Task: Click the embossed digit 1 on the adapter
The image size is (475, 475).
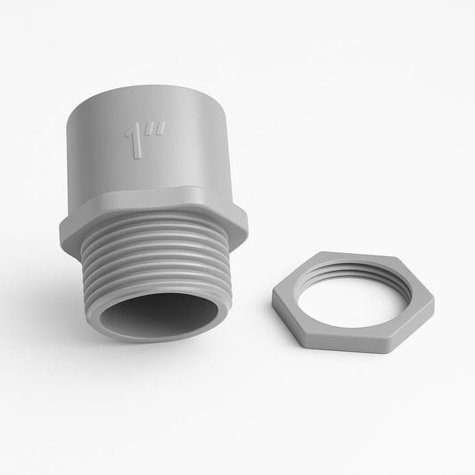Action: pos(135,143)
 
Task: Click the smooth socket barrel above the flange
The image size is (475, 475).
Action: pos(178,152)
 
